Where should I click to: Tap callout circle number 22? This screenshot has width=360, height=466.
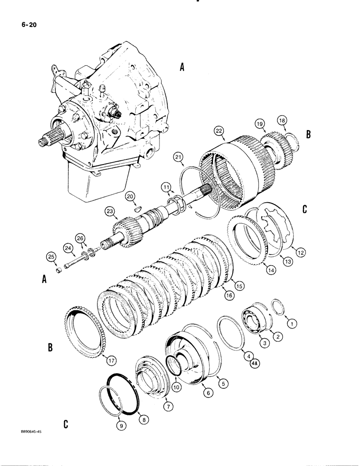219,131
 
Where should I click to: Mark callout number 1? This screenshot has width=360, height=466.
292,322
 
